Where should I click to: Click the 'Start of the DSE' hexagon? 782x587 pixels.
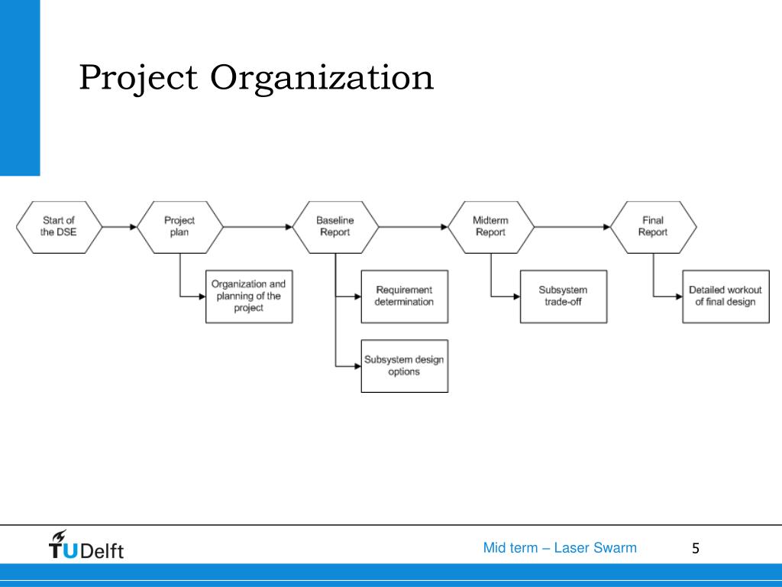[58, 226]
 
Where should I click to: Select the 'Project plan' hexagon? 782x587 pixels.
[179, 226]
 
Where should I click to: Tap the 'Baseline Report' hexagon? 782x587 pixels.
[335, 226]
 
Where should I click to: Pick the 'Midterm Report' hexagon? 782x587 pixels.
[490, 226]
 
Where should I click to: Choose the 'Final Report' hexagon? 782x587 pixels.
[653, 226]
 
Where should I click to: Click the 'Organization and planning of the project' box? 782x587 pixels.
[249, 296]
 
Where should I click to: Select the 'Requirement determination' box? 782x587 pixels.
[404, 296]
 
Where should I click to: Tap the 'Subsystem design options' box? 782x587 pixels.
[404, 365]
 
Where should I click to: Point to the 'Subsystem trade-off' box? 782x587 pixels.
[563, 296]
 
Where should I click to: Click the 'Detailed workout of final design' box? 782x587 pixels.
[725, 296]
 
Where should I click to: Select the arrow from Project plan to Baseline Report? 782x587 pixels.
[258, 226]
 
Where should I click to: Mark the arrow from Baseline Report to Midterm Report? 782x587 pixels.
[413, 226]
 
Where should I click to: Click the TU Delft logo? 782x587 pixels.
[86, 546]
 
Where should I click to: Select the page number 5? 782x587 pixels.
[695, 548]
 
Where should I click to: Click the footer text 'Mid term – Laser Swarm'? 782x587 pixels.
[560, 548]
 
